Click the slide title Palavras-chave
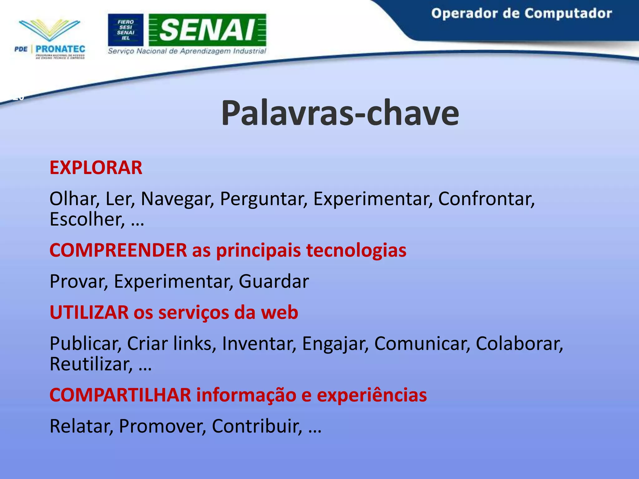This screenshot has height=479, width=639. coord(340,113)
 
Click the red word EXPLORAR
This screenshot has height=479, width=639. coord(96,168)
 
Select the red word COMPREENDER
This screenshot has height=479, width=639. coord(118,250)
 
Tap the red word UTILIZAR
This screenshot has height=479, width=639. coord(89,312)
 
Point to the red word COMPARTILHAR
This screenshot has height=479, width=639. coord(120,395)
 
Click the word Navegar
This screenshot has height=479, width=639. coord(177,199)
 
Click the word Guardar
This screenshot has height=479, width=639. coord(274,281)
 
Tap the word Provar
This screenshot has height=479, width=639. coord(78,281)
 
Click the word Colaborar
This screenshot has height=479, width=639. coord(519,344)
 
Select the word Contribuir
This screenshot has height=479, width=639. coord(256,426)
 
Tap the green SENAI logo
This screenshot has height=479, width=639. coord(207,30)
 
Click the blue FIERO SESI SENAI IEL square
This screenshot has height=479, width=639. coord(125,30)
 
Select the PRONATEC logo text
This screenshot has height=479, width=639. coord(60,49)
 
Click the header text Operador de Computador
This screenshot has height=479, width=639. coord(521,14)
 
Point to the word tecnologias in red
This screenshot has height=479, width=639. coord(356,250)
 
